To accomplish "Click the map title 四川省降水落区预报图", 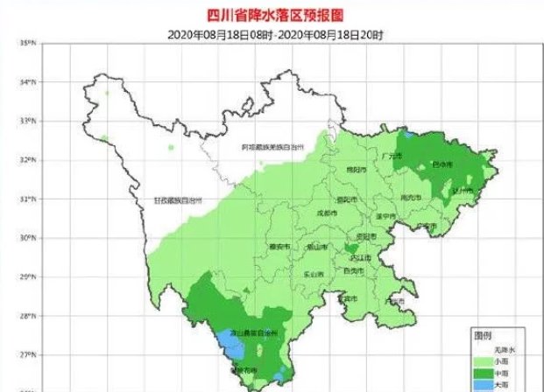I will [272, 15].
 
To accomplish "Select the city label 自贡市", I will [352, 272].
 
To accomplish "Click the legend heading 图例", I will [483, 335].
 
